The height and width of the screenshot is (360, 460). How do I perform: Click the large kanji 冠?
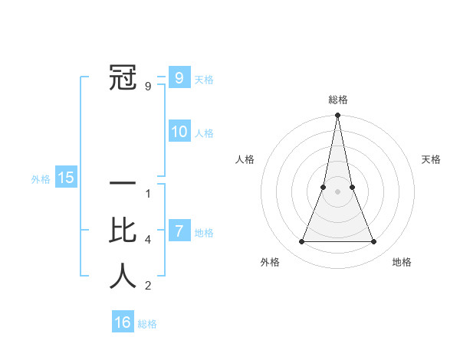[x=123, y=78]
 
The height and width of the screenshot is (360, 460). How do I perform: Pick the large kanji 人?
[x=123, y=276]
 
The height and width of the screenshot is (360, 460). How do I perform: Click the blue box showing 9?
[x=179, y=77]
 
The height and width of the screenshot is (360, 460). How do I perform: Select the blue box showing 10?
[x=179, y=132]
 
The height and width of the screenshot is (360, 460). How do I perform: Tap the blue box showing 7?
[x=179, y=231]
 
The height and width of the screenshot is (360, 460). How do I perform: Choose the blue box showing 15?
[x=66, y=178]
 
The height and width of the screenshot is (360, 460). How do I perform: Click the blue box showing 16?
[x=123, y=322]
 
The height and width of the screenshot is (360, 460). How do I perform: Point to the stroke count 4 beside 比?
[x=148, y=240]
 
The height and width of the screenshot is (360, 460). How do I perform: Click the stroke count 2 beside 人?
[x=148, y=286]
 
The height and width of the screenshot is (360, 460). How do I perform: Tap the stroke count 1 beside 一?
[x=148, y=194]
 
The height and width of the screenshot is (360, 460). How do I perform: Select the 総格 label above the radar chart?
[x=337, y=100]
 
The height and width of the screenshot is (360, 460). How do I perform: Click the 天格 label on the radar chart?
[x=431, y=159]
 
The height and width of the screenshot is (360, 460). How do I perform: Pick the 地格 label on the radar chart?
[x=402, y=262]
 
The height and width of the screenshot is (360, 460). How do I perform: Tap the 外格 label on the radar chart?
[x=270, y=262]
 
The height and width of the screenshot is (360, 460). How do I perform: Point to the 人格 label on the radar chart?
[x=245, y=159]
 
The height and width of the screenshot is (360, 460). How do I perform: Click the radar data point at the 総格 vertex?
[x=337, y=116]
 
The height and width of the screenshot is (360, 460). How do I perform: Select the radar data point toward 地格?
[x=373, y=242]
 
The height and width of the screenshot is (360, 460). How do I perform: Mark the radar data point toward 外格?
[x=301, y=242]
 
